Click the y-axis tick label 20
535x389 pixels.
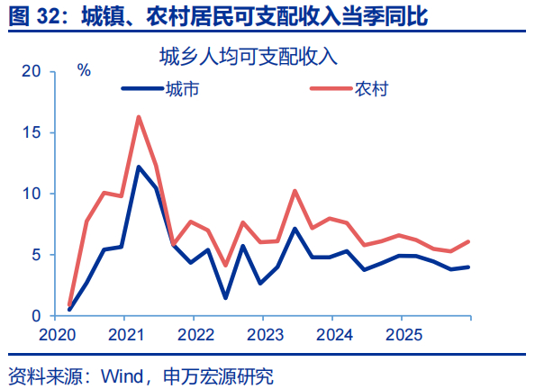click(x=31, y=71)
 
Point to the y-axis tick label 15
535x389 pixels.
click(x=32, y=132)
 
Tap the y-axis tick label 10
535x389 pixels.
click(x=32, y=194)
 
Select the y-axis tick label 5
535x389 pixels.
click(x=36, y=255)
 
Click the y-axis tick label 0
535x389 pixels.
click(x=36, y=316)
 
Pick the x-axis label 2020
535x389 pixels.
click(x=57, y=335)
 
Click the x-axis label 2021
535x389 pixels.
click(x=126, y=335)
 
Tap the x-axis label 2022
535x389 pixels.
click(x=195, y=335)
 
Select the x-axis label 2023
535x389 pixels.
click(x=265, y=335)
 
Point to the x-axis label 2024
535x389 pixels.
click(x=334, y=335)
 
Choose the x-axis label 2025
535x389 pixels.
click(x=404, y=335)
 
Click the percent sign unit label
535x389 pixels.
click(x=84, y=70)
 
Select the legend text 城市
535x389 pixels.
click(x=182, y=89)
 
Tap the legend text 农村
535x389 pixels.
click(x=371, y=89)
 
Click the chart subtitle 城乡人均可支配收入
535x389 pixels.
click(x=249, y=57)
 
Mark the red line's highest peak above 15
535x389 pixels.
click(x=139, y=117)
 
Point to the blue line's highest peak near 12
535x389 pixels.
click(x=139, y=167)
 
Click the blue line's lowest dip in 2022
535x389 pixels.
click(x=225, y=298)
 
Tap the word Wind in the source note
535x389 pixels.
click(x=122, y=376)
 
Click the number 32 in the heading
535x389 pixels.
click(x=48, y=15)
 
